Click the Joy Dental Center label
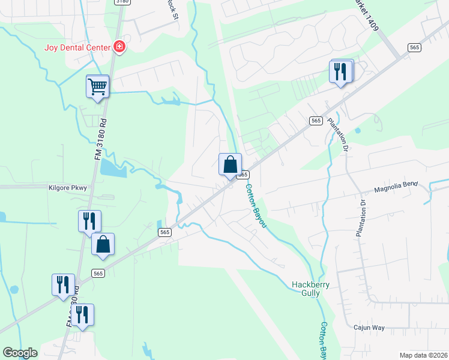(77, 47)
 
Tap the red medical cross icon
(119, 47)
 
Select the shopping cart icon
(97, 86)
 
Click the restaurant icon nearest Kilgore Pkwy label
(89, 221)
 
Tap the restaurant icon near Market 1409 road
(341, 72)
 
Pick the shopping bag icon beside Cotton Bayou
(230, 164)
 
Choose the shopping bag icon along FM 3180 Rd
(103, 245)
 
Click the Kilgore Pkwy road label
(67, 188)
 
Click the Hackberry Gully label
(310, 289)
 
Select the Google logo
(20, 353)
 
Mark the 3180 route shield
(121, 2)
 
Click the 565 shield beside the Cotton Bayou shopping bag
(243, 174)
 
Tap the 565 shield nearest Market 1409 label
(414, 47)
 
